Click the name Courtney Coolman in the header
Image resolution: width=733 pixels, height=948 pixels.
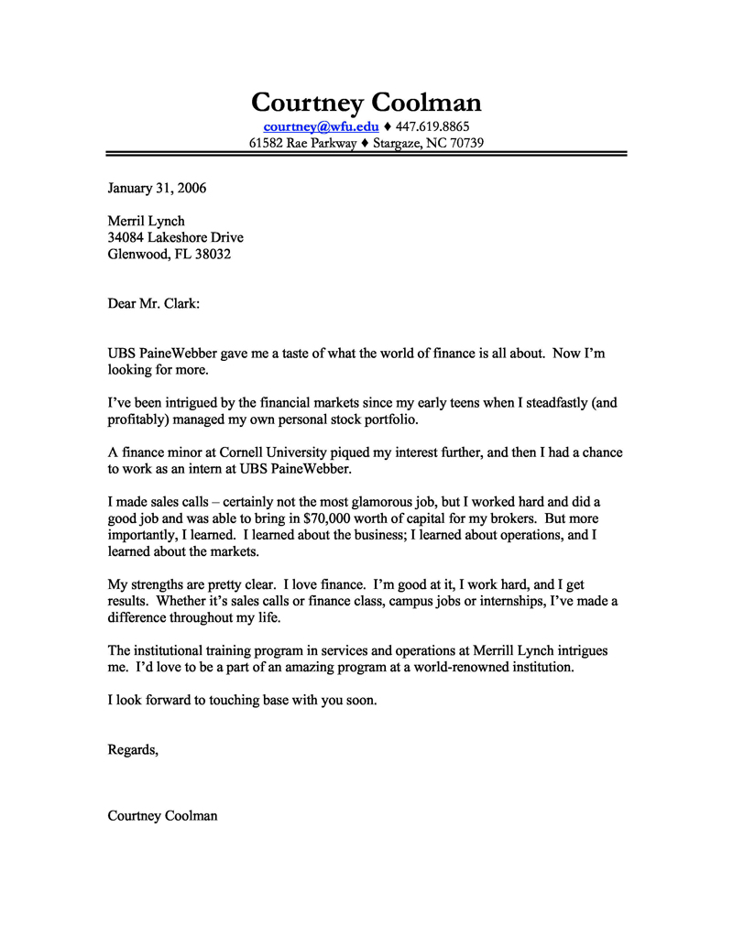click(x=366, y=102)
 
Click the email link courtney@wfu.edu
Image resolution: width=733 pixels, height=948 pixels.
click(x=321, y=125)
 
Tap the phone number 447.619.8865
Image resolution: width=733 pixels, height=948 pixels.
click(x=432, y=125)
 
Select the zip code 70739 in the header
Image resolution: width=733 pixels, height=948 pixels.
click(x=465, y=143)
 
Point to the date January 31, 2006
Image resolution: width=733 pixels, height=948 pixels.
click(x=157, y=189)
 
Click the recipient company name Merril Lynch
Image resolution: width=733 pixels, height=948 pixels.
click(x=146, y=221)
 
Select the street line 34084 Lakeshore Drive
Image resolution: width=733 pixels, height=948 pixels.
click(x=175, y=237)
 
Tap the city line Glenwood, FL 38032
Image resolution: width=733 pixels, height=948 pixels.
click(x=169, y=254)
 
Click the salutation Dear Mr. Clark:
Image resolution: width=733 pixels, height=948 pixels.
click(x=153, y=303)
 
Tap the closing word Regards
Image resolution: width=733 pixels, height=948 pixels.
click(x=132, y=749)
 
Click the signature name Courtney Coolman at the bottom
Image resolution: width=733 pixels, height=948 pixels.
click(x=162, y=815)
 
